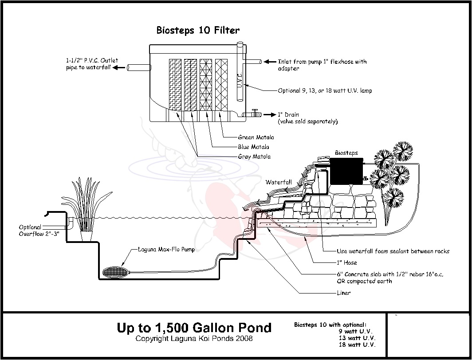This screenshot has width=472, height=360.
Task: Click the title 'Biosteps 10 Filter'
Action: pos(198,31)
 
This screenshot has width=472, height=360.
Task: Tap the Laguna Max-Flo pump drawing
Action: pos(115,271)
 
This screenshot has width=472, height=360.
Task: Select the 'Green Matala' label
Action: pos(256,137)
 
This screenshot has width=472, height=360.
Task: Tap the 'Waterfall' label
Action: pos(279,182)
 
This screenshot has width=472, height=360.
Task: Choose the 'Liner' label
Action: pos(343,293)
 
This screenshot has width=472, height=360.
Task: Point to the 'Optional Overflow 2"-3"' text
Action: pos(36,231)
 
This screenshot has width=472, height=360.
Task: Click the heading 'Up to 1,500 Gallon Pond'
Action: pos(194,328)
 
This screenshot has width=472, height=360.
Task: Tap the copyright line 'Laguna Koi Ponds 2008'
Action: pos(194,339)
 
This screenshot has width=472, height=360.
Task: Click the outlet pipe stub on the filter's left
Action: pos(138,68)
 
